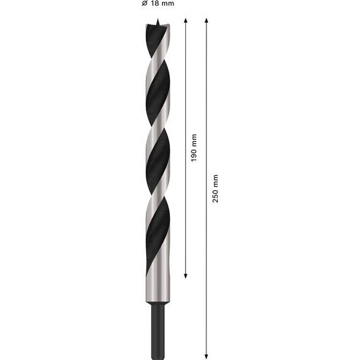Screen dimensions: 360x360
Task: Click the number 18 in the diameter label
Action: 155,3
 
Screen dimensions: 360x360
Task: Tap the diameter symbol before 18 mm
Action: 145,3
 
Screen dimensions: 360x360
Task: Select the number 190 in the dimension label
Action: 194,155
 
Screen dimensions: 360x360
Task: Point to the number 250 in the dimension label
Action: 215,196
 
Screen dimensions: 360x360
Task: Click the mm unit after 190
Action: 194,140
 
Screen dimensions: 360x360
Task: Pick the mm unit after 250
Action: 215,181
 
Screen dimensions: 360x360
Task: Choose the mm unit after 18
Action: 167,3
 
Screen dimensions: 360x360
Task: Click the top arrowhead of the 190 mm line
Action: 186,20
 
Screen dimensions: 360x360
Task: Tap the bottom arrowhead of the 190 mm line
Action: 186,276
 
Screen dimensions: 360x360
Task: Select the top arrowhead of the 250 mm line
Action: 206,20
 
